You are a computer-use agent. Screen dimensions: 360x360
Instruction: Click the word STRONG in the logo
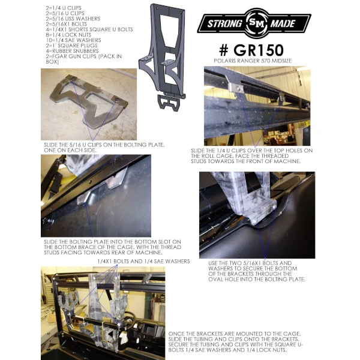coord(224,23)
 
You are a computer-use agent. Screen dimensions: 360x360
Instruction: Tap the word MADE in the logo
coord(283,23)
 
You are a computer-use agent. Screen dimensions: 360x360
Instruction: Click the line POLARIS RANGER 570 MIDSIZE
coord(253,61)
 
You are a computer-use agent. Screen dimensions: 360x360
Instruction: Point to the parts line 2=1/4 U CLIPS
coord(64,8)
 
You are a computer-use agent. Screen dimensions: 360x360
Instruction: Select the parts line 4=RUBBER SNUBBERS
coord(72,51)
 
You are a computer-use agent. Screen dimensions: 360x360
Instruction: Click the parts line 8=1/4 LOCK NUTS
coord(68,35)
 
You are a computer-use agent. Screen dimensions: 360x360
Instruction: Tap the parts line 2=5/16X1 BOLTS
coord(67,24)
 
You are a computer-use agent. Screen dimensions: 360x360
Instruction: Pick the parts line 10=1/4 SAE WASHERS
coord(73,40)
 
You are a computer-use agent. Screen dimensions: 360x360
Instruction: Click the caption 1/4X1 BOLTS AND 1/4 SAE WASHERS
coord(143,261)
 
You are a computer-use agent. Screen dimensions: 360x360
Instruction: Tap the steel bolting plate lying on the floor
coord(88,101)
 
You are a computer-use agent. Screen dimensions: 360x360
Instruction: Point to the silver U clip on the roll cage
coord(236,87)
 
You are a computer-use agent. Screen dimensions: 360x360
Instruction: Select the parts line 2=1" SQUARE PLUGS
coord(71,46)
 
